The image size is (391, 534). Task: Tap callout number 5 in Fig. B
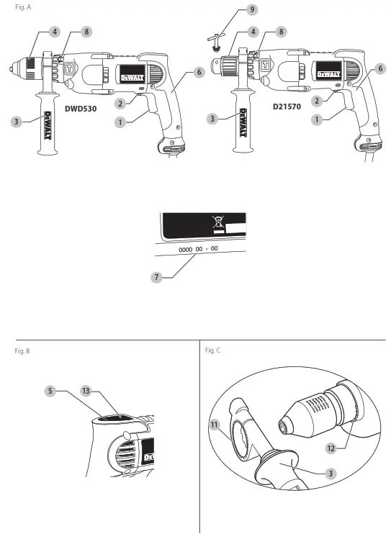[50, 391]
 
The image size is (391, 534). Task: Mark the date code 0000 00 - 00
[198, 248]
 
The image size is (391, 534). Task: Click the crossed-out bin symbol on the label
[219, 222]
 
